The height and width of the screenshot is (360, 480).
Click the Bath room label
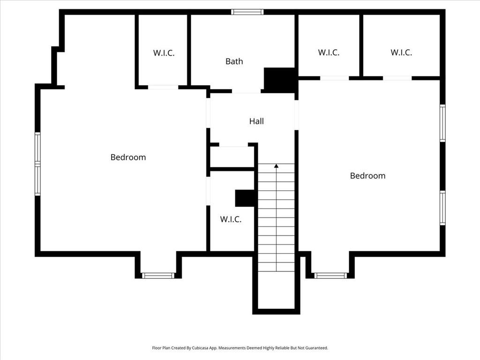tap(234, 61)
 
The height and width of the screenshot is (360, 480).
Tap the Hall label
tap(256, 121)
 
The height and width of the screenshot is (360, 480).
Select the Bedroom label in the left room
tap(128, 157)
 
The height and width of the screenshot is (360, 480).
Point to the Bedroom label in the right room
tap(367, 176)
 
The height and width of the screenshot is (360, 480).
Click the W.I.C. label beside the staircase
tap(231, 219)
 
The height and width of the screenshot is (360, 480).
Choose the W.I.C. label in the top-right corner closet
tap(401, 53)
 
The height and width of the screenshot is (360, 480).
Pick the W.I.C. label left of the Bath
tap(164, 53)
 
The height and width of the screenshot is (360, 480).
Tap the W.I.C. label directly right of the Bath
tap(329, 53)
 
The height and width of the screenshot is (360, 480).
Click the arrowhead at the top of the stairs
tap(276, 166)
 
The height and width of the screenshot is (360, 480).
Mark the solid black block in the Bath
tap(279, 79)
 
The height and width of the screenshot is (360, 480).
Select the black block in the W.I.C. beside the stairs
tap(245, 198)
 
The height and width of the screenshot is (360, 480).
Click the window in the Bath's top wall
tap(247, 12)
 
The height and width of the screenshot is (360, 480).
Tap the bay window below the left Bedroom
tap(158, 276)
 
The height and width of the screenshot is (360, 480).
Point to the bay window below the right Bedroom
tap(330, 276)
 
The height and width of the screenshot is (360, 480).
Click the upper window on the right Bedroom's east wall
tap(442, 123)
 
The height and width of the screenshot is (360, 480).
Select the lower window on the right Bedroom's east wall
tap(442, 208)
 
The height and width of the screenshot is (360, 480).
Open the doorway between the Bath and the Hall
tap(246, 91)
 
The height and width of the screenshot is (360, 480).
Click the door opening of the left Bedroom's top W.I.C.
tap(163, 87)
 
